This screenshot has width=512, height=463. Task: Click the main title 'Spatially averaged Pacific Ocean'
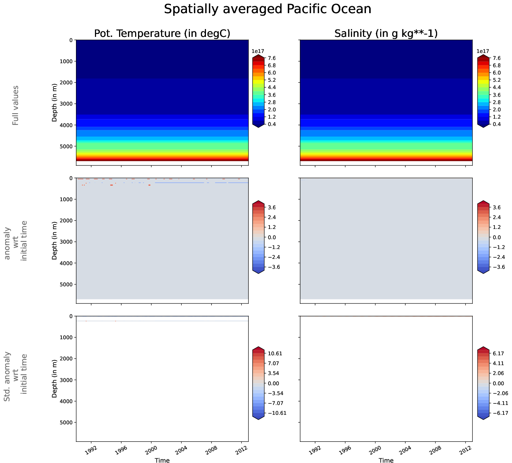[267, 9]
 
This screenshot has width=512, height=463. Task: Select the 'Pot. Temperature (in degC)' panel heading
[162, 34]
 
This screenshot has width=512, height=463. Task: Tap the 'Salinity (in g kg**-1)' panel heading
[386, 34]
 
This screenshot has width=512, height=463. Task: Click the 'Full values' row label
[15, 106]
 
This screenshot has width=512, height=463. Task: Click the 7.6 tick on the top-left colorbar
[272, 58]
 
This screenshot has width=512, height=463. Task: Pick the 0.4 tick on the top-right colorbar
[496, 124]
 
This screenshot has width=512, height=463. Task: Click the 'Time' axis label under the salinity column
[386, 460]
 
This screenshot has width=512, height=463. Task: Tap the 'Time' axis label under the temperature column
[162, 460]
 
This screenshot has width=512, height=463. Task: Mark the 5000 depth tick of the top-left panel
[66, 146]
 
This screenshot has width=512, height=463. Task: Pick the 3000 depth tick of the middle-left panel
[66, 242]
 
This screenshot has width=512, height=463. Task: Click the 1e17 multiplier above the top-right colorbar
[483, 51]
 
